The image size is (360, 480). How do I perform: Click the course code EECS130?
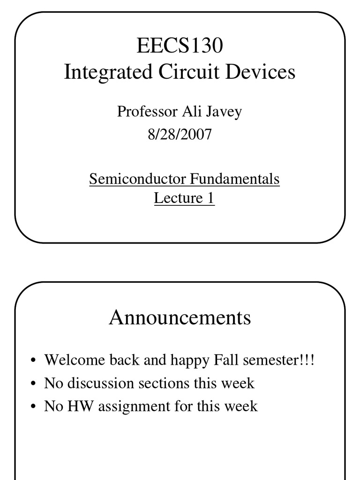(x=180, y=46)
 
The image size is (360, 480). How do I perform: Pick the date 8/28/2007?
(x=180, y=135)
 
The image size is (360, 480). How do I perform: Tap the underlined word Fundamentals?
(x=235, y=179)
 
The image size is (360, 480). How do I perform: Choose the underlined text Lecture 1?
(x=184, y=198)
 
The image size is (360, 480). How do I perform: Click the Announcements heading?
(x=180, y=318)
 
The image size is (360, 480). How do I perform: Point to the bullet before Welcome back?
(x=33, y=361)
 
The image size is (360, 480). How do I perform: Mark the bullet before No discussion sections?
(x=33, y=384)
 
